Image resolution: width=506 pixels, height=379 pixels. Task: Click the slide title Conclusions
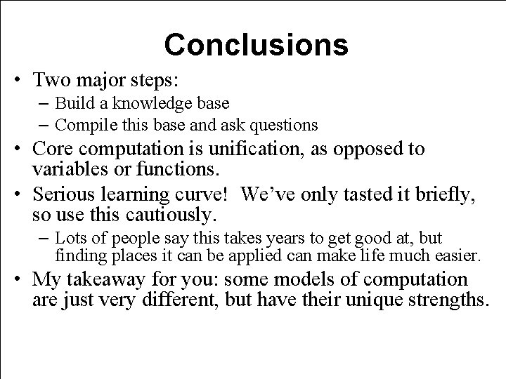point(256,44)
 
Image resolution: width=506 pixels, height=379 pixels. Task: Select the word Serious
point(67,194)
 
